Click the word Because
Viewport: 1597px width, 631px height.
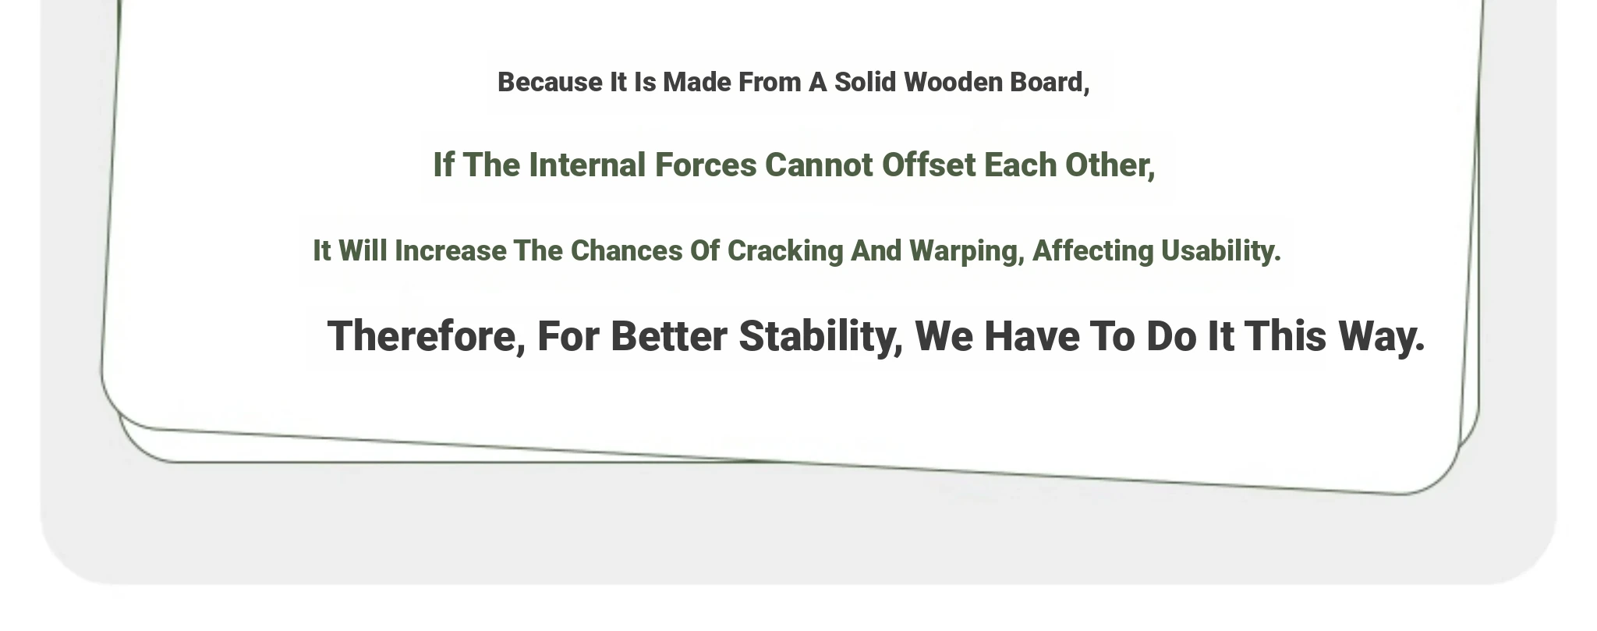(550, 82)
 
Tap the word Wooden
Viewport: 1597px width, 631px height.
(953, 82)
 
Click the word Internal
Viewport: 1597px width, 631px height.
(587, 165)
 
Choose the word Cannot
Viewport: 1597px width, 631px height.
(819, 165)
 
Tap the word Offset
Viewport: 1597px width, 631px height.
(929, 165)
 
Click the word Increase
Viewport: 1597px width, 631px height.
(450, 250)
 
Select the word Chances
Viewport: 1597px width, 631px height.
(626, 250)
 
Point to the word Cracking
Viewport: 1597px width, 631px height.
(785, 251)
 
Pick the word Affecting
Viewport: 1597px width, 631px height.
(1093, 251)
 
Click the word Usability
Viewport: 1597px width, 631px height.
(1221, 250)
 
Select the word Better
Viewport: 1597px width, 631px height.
(669, 336)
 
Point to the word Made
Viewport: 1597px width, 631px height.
(697, 82)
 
